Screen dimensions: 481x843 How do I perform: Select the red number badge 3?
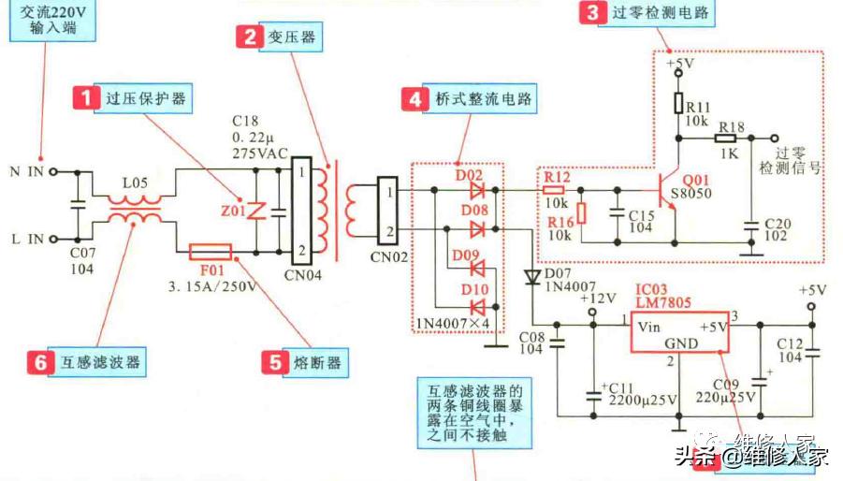point(591,13)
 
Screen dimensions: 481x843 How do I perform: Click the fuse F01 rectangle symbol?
point(210,252)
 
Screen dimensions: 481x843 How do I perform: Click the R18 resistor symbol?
point(731,138)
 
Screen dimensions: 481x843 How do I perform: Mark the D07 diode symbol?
point(532,277)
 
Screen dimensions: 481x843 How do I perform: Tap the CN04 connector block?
point(300,211)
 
